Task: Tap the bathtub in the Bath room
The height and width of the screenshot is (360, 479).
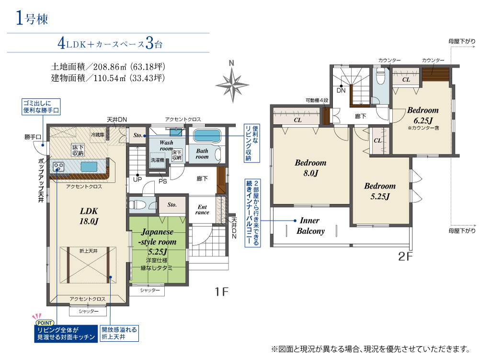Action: (207, 136)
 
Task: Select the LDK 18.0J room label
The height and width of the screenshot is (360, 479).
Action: (89, 216)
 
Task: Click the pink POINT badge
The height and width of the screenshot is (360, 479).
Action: (45, 323)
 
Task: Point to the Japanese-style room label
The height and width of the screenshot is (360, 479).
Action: (158, 242)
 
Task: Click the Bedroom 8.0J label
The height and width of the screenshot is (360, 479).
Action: (310, 168)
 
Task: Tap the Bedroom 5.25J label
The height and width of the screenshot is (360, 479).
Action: (380, 191)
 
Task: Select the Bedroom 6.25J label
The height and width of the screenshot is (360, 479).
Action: (423, 115)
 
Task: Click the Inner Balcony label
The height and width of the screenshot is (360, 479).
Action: (310, 225)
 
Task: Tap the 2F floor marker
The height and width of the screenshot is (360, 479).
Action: (405, 256)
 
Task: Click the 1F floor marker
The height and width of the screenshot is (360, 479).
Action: (221, 291)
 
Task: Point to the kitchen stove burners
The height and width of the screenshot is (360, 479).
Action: (58, 167)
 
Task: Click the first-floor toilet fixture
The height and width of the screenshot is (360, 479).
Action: (137, 205)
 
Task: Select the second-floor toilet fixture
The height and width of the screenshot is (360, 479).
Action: (380, 75)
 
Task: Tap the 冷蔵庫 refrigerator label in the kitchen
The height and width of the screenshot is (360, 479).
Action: (97, 135)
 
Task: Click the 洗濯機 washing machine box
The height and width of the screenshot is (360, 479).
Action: (158, 160)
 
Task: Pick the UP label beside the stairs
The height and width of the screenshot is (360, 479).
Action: (137, 179)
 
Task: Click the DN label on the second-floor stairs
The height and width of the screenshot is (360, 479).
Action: (341, 91)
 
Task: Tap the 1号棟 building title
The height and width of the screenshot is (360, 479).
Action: (32, 18)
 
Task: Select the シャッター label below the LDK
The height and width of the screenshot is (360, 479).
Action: (89, 311)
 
